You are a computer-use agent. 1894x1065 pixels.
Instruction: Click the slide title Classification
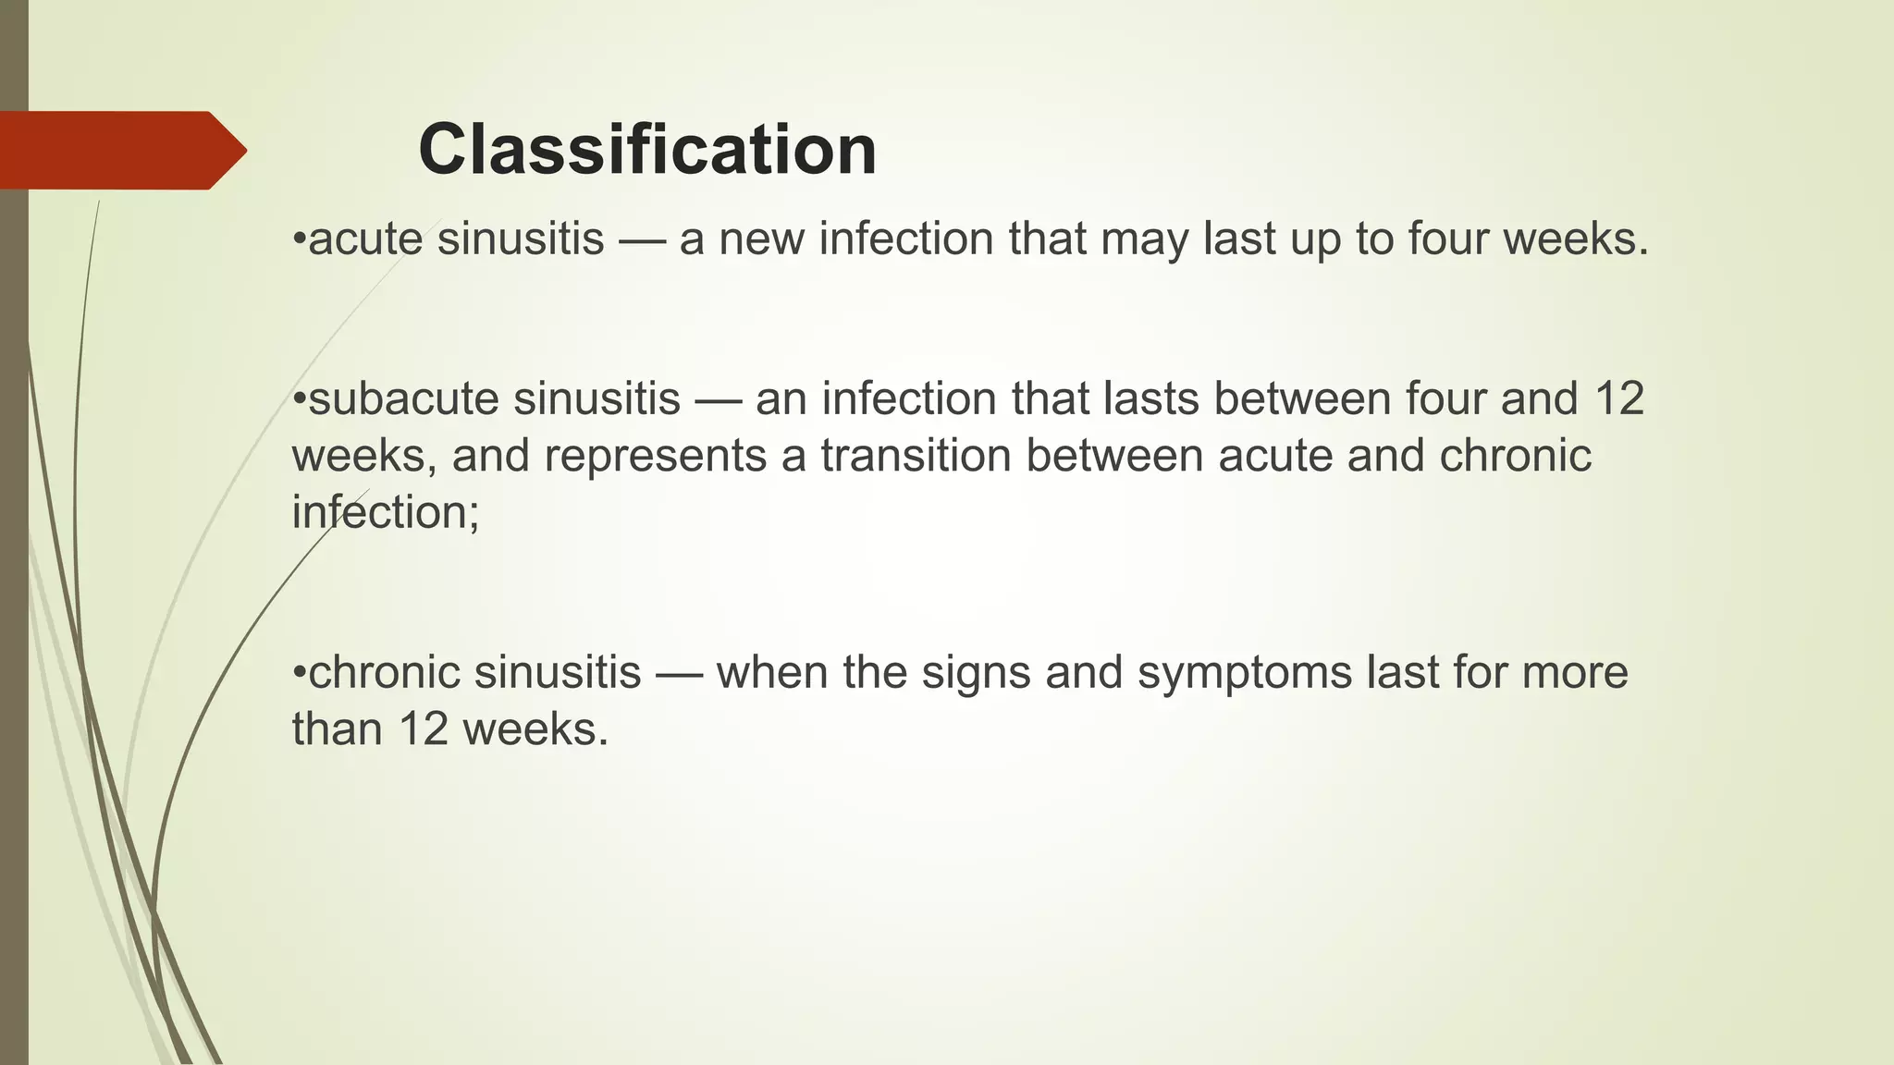tap(647, 150)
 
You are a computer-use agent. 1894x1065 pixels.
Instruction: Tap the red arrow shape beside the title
tap(120, 150)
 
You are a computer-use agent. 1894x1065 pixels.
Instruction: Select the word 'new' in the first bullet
tap(760, 239)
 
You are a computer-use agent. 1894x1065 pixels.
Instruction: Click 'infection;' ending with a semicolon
tap(386, 512)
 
